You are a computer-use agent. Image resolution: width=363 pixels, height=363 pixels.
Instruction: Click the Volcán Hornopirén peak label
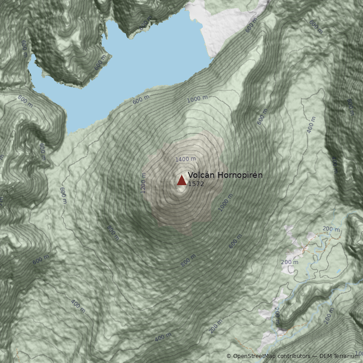click(225, 175)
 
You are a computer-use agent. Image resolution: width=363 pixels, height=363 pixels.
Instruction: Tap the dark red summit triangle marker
click(181, 181)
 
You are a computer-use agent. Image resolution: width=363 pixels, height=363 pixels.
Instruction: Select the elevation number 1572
click(196, 184)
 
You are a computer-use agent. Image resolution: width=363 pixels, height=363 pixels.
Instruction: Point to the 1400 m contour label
click(186, 159)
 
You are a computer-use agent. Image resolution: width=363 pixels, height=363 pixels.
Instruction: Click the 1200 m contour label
click(144, 183)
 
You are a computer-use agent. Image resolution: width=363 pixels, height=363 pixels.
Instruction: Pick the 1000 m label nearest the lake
click(197, 99)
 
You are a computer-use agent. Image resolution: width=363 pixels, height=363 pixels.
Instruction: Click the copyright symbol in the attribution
click(229, 356)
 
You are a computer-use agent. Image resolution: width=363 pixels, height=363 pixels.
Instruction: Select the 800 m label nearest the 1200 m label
click(113, 233)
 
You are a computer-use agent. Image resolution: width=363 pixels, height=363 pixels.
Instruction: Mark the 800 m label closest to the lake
click(25, 101)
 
